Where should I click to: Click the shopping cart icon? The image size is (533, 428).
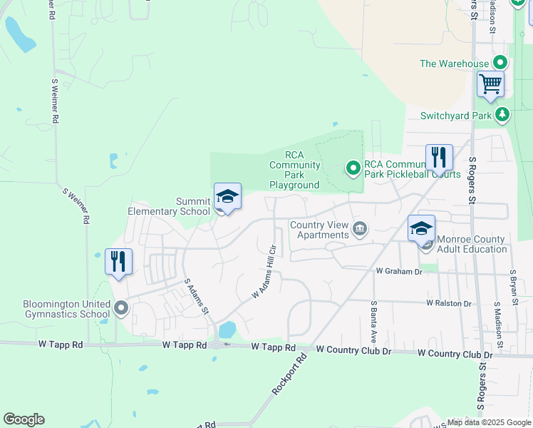point(490,83)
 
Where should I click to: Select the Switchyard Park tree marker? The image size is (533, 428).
point(502,114)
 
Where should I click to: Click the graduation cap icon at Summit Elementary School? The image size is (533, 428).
point(227,196)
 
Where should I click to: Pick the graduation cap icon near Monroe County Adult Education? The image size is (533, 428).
point(421,228)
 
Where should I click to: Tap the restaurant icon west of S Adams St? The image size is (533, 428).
point(118,261)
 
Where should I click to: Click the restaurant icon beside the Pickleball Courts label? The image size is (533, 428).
point(439,158)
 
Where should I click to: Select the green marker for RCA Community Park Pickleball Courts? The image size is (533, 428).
point(353,168)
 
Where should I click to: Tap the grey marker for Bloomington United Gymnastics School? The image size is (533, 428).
point(120,309)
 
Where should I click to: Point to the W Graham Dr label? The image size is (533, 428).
point(399,272)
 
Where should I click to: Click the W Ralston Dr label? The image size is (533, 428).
point(449,303)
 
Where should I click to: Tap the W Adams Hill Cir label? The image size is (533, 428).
point(264,272)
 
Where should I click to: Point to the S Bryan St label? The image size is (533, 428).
point(512,282)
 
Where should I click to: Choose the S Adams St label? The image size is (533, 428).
point(196,296)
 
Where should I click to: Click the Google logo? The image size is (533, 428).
point(24,419)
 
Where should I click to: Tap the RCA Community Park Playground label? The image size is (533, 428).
point(294,170)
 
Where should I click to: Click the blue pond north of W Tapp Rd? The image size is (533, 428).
point(227,330)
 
